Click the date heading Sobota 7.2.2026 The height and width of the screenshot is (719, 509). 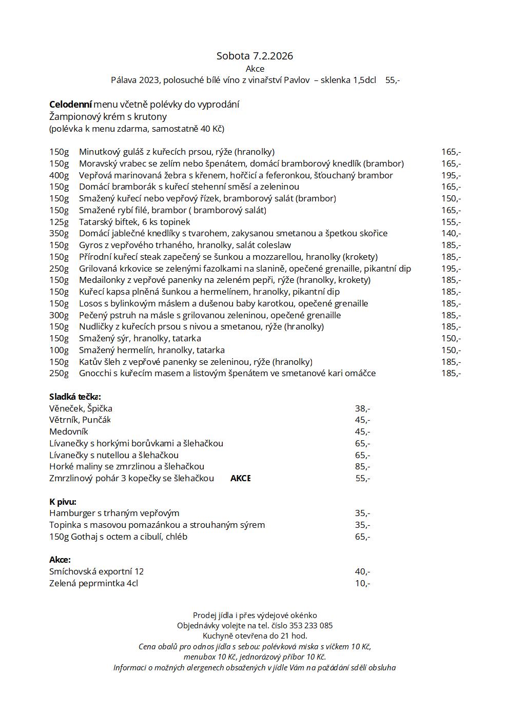pos(254,56)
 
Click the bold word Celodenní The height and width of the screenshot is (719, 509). pos(70,105)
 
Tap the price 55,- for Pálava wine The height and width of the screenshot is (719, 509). pos(393,80)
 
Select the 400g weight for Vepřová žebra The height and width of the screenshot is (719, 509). pos(58,175)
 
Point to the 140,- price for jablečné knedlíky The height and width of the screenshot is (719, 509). pos(451,233)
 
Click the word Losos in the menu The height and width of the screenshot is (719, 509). pos(90,303)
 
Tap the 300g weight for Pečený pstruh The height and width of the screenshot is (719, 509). pos(58,315)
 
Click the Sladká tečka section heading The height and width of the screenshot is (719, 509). pos(75,397)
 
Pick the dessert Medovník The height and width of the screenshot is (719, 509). pos(69,432)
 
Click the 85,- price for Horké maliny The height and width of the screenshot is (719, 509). pos(362,466)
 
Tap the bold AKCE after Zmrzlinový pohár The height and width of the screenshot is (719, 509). pos(240,478)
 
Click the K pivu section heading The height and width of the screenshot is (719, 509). pos(63,502)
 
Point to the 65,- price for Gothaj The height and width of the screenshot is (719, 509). pos(362,537)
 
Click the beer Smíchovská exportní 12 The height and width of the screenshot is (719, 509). pos(96,571)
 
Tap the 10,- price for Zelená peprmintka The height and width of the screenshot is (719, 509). pos(362,583)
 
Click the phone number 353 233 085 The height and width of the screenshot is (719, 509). pos(311,625)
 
